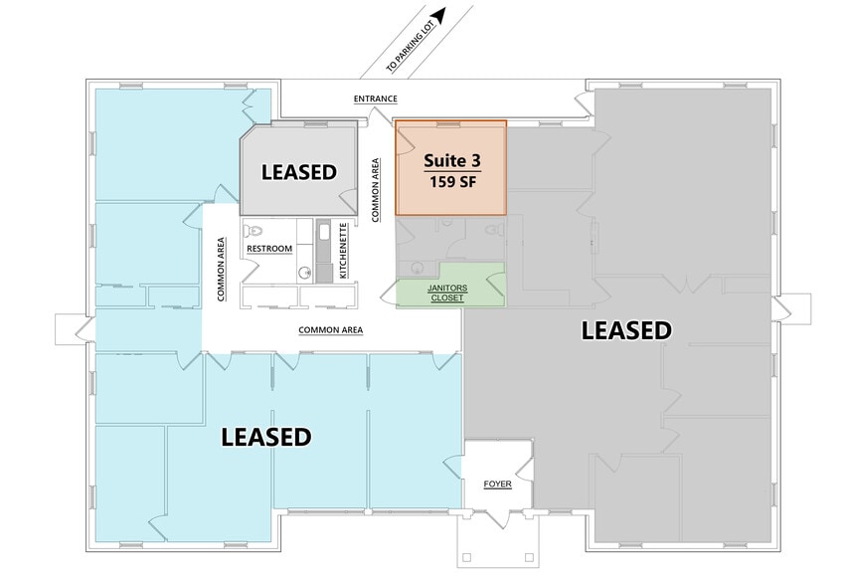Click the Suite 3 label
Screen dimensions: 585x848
(x=450, y=161)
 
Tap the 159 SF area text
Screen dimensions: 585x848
(x=450, y=182)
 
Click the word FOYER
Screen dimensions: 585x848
(x=497, y=485)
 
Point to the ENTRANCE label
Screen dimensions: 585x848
(x=375, y=99)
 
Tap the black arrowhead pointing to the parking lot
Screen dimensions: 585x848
(x=438, y=14)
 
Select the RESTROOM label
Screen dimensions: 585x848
(x=269, y=249)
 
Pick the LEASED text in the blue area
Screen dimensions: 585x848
(x=265, y=437)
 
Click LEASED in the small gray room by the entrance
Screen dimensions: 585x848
(x=298, y=172)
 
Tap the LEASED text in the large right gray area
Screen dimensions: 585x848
(x=626, y=330)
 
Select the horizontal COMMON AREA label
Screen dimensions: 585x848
(x=330, y=329)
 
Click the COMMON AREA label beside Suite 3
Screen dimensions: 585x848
(x=376, y=189)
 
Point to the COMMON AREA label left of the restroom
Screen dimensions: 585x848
(x=220, y=269)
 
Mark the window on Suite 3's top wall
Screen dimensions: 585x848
(x=451, y=123)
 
